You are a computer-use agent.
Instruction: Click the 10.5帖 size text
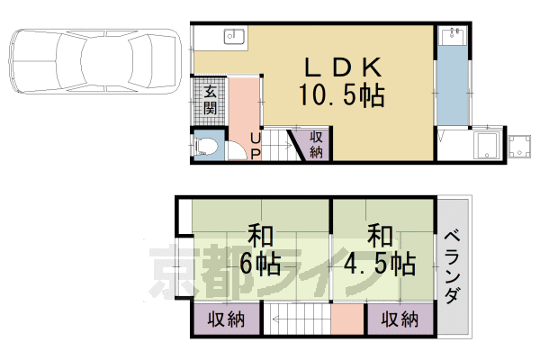coord(342,94)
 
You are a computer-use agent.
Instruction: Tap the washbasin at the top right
coord(453,37)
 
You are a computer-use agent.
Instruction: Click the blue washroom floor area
coord(453,90)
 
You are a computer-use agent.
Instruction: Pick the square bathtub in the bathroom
coord(490,147)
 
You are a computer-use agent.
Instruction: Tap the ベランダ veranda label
coord(454,265)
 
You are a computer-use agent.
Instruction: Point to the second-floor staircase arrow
coord(297,319)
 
